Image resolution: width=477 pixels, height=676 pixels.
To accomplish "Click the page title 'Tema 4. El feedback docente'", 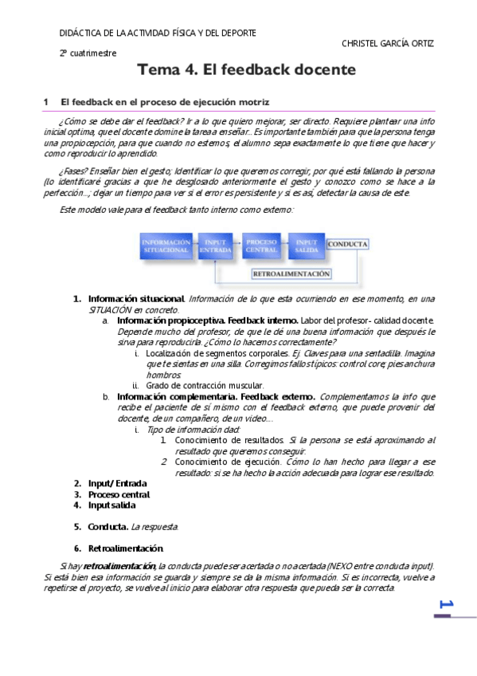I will click(x=247, y=70).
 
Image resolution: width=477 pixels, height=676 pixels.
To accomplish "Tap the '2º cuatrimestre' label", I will click(x=88, y=53).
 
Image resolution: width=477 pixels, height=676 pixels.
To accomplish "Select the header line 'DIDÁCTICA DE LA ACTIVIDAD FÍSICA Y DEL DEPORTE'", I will click(x=158, y=33).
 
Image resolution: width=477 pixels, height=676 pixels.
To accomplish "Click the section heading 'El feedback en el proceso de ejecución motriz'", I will click(x=165, y=103).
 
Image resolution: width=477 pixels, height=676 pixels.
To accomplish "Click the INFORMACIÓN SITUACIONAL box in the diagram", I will click(x=166, y=246).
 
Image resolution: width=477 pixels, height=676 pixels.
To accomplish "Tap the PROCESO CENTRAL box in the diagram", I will click(x=261, y=246).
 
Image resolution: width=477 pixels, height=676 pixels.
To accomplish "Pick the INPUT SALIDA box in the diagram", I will click(x=307, y=246).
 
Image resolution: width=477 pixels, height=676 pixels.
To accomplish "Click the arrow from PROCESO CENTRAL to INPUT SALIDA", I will click(x=284, y=246).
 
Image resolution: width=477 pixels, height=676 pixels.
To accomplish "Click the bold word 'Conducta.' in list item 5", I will click(x=108, y=526).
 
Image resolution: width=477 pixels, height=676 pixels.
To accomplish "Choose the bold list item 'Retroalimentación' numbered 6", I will click(x=126, y=548).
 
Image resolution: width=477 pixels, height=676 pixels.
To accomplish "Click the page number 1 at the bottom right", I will click(x=444, y=606).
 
